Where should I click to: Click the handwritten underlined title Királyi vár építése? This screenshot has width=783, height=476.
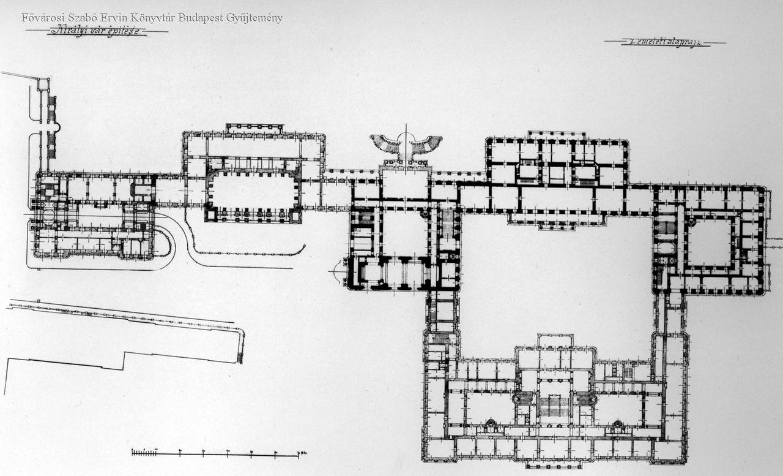coord(98,31)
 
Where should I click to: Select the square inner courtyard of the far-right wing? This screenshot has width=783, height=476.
coord(710,243)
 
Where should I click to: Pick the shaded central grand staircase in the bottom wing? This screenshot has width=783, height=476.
coord(554,406)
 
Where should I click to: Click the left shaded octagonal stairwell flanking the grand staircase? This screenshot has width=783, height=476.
coord(524,398)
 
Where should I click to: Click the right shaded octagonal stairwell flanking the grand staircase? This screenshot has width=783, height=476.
coord(585,398)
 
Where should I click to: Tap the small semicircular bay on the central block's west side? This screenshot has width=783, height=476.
coord(338,270)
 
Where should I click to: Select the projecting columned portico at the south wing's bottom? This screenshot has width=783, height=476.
coord(554,464)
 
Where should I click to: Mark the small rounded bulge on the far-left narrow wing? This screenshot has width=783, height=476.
coord(57,127)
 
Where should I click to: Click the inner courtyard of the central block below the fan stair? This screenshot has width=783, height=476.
coord(404,233)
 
